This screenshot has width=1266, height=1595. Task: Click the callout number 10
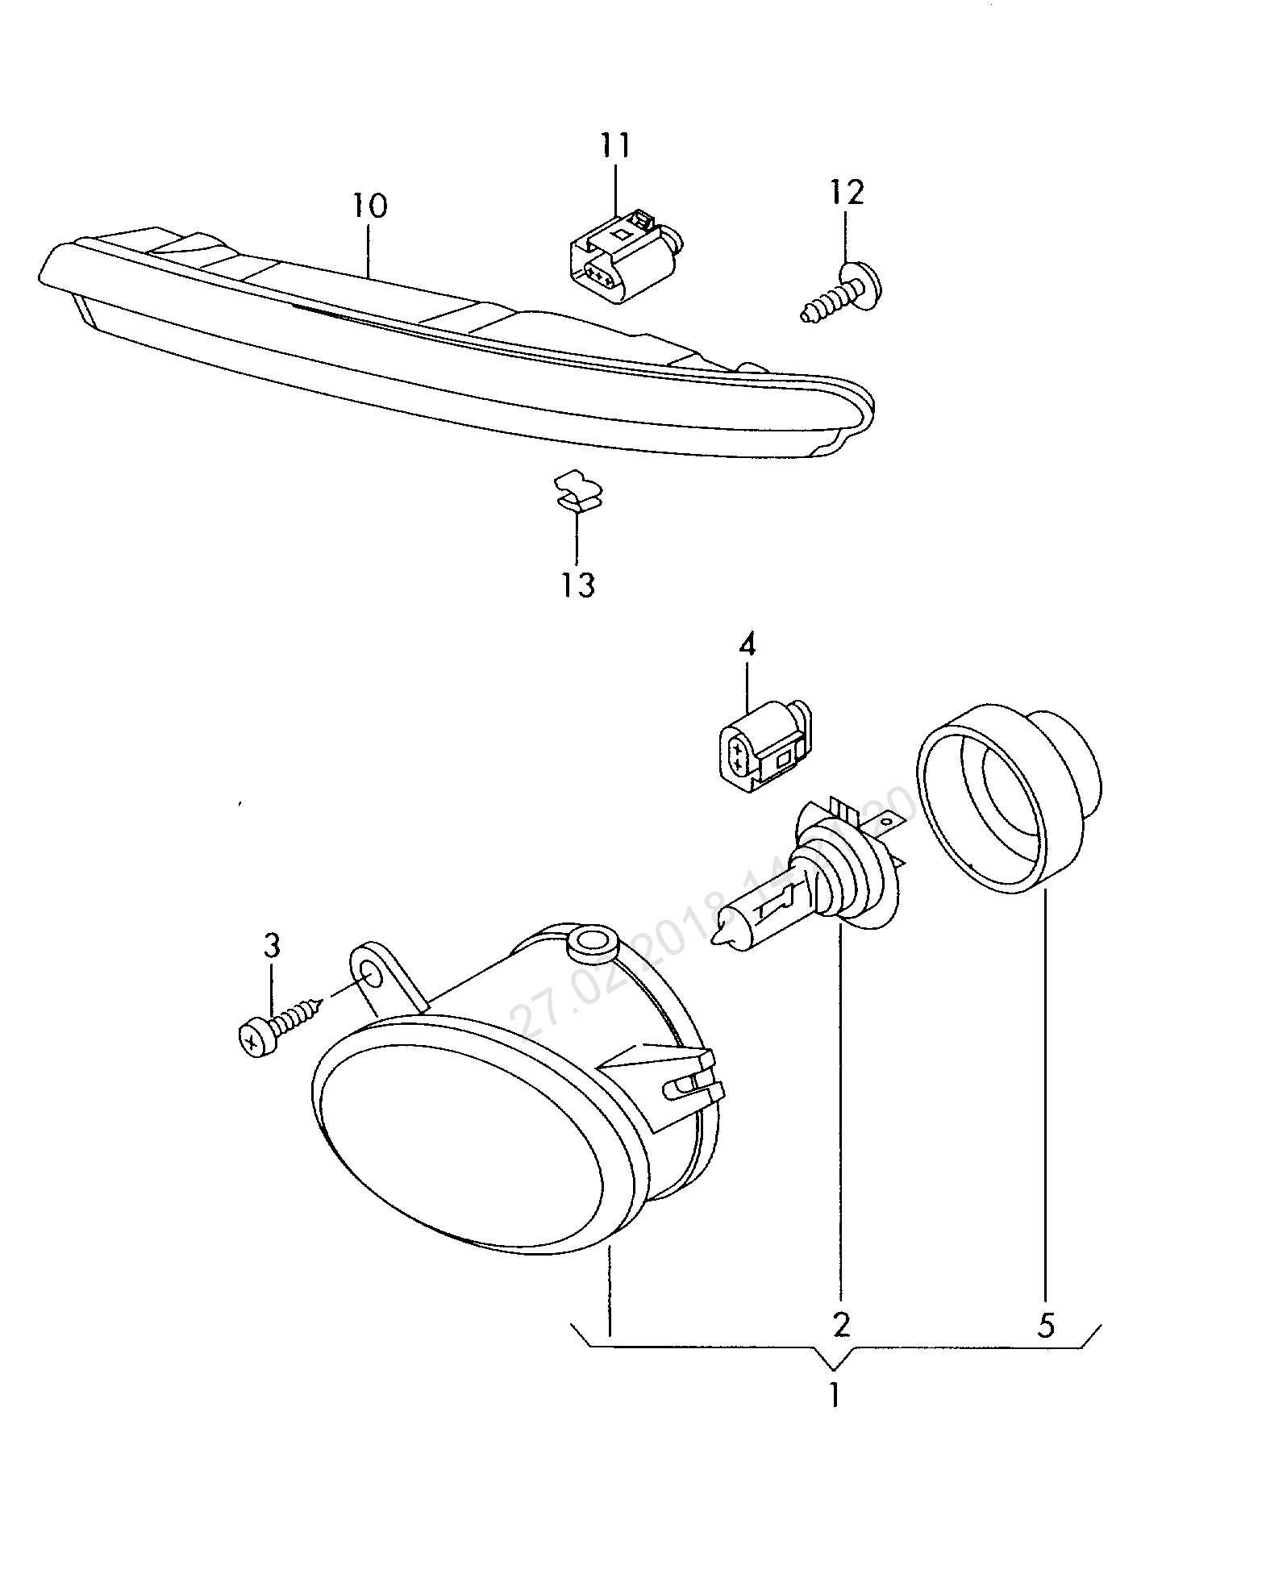pos(369,206)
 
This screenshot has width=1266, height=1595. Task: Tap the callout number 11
pos(615,145)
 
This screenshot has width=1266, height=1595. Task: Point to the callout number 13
pos(578,585)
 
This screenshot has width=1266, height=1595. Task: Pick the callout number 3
pos(272,945)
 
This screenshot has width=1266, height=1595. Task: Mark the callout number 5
pos(1045,1326)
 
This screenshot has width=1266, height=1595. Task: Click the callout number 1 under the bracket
pos(835,1395)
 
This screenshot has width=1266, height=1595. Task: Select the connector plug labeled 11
pos(621,258)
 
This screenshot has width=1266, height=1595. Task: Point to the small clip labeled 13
pos(579,493)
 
